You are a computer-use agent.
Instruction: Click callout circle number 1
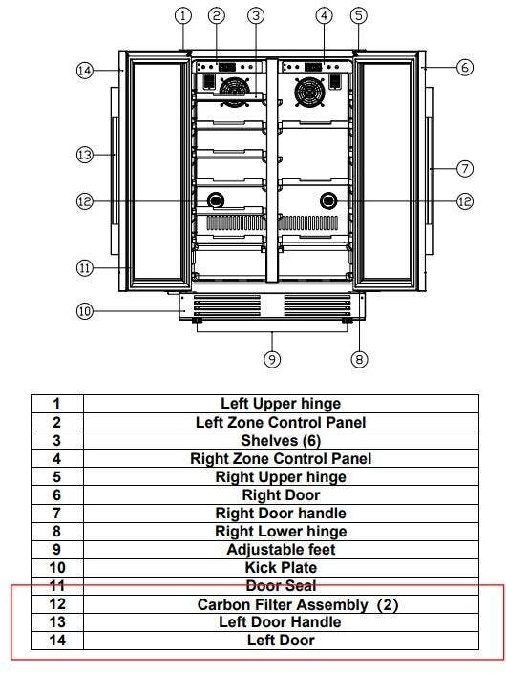(183, 16)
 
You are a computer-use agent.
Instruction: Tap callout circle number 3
(256, 16)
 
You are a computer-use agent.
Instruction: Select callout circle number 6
(464, 68)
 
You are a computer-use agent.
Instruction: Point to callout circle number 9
(272, 359)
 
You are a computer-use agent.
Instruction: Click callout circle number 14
(85, 70)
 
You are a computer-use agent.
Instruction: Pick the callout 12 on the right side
(465, 201)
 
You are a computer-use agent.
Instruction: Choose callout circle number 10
(85, 311)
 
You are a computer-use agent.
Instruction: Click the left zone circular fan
(234, 92)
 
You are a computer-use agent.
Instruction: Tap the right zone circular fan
(309, 92)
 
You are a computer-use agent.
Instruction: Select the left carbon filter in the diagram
(216, 200)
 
